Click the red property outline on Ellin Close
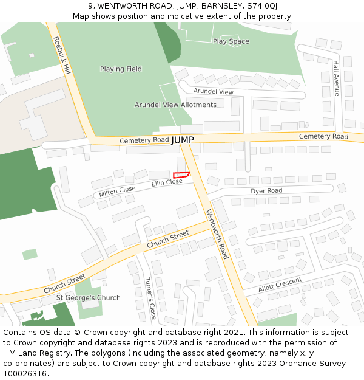(x=181, y=175)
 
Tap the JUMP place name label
(x=183, y=140)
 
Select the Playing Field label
(x=121, y=69)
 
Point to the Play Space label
(x=231, y=41)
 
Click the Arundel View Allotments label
(x=175, y=105)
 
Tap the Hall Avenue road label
(x=336, y=78)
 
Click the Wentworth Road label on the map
(x=217, y=234)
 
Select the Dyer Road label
(x=266, y=191)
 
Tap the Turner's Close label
(x=150, y=298)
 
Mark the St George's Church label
(x=88, y=297)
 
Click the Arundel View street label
(x=213, y=91)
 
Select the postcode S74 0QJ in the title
(x=262, y=5)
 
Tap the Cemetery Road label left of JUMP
(x=144, y=140)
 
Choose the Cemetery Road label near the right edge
(x=323, y=136)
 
